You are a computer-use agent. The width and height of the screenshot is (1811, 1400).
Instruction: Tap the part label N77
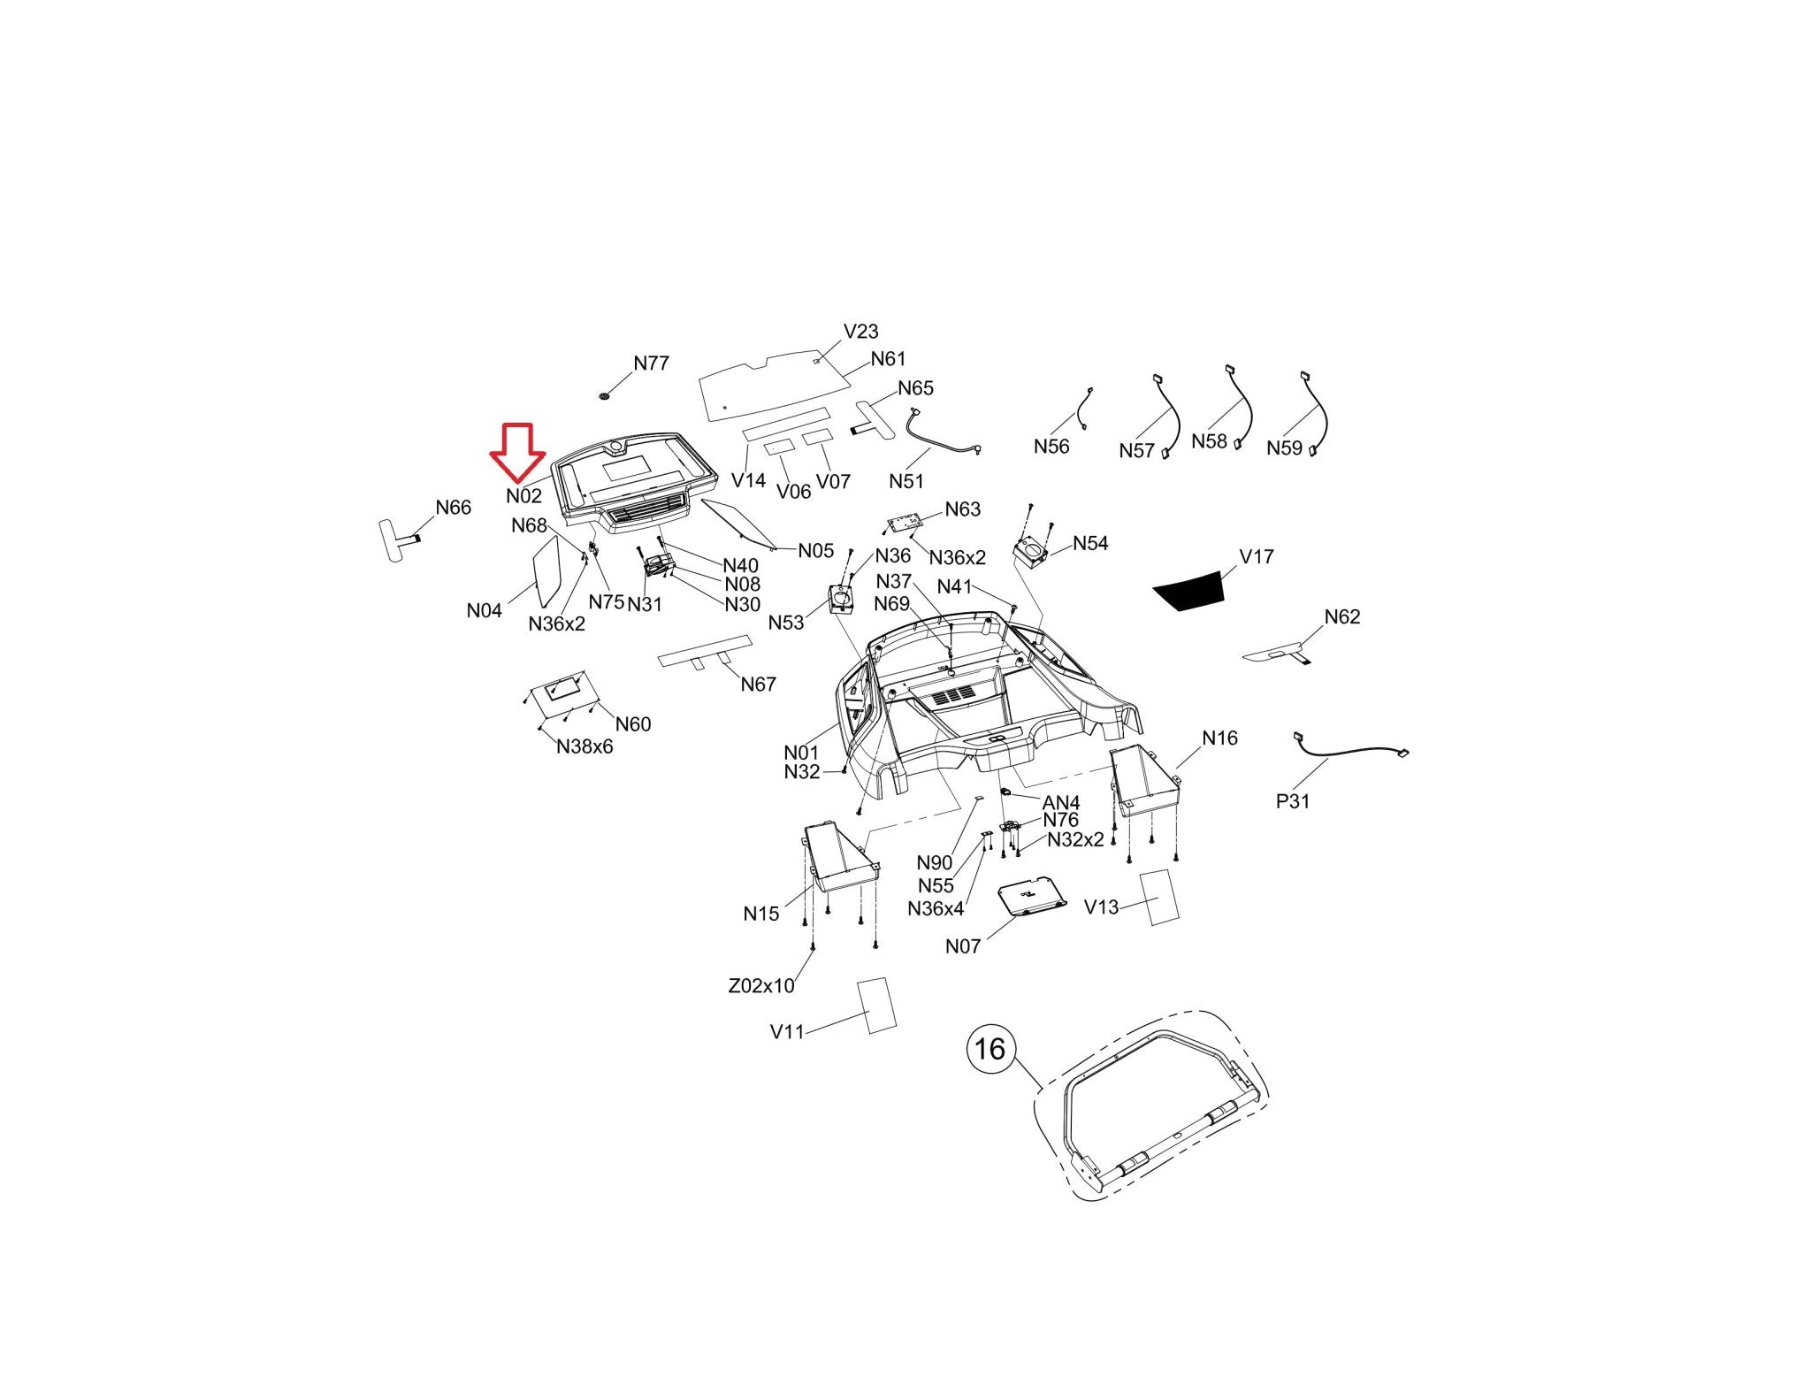click(652, 363)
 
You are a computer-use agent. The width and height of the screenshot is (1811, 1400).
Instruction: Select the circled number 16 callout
click(990, 1049)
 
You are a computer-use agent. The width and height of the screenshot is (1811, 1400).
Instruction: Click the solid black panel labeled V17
click(1188, 591)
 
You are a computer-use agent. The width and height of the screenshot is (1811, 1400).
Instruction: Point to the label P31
click(1292, 801)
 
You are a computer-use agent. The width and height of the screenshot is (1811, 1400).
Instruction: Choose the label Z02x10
click(760, 985)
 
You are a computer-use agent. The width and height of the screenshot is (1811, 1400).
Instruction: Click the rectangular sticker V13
click(1159, 897)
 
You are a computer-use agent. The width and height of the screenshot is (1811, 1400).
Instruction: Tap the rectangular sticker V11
click(876, 1005)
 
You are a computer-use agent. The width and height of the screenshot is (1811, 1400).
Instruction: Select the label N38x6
click(585, 746)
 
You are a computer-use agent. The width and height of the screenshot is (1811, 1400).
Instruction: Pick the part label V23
click(860, 332)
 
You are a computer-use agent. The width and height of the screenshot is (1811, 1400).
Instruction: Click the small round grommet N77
click(605, 395)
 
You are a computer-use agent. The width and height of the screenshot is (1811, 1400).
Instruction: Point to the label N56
click(1051, 447)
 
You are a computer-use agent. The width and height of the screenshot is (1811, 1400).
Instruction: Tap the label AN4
click(1061, 802)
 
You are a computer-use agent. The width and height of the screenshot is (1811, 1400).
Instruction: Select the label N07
click(962, 946)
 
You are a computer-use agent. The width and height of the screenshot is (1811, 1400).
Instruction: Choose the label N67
click(758, 684)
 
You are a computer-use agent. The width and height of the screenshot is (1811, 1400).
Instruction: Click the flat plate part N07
click(1032, 899)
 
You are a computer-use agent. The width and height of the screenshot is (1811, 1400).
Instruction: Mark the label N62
click(1341, 616)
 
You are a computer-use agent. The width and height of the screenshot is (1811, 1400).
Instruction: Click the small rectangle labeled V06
click(779, 448)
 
